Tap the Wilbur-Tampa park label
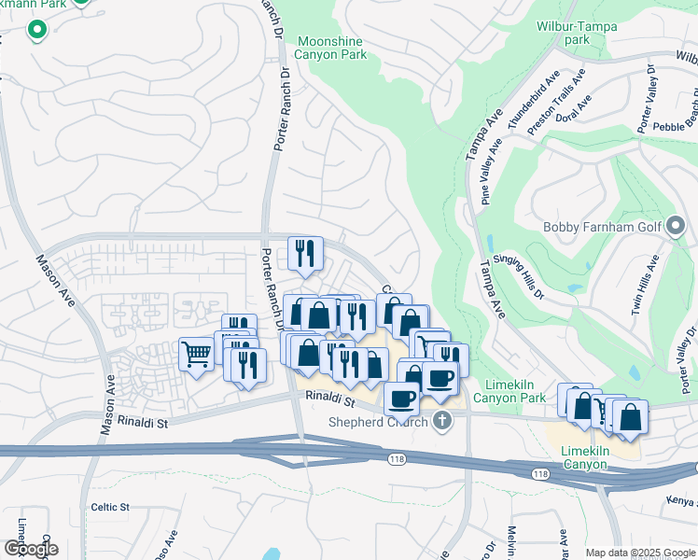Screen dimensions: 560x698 (x=578, y=33)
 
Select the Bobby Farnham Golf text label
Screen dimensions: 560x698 (x=601, y=227)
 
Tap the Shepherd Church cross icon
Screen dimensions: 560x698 (x=442, y=421)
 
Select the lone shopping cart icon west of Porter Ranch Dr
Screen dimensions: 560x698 (x=196, y=355)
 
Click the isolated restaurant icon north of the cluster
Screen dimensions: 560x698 (x=305, y=253)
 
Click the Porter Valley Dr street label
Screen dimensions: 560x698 (x=648, y=103)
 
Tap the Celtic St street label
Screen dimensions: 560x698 (x=109, y=507)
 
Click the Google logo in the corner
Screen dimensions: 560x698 (x=30, y=549)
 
